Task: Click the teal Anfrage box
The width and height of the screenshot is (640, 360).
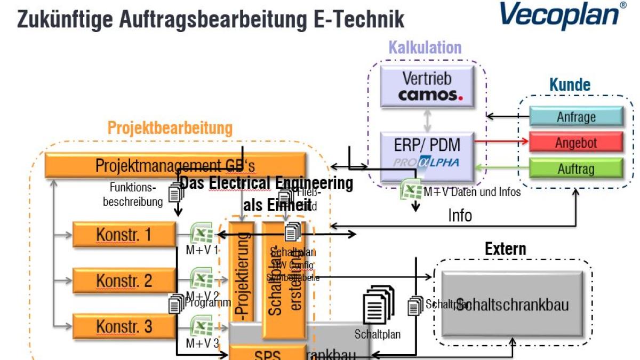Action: (576, 116)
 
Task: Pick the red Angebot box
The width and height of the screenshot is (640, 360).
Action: (576, 143)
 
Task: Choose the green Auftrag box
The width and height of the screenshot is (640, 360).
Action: (576, 169)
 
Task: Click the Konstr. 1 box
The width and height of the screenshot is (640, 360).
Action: (124, 234)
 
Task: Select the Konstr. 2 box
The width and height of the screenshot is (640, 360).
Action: (124, 280)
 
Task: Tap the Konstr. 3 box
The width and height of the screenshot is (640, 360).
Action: (124, 326)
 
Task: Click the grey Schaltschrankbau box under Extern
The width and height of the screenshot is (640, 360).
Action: (513, 305)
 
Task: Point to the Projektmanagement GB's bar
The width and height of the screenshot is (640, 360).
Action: (175, 165)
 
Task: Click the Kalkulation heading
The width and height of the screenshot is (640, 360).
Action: (425, 48)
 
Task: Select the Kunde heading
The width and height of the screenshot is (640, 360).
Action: (570, 85)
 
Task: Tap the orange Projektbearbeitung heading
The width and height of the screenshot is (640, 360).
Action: (170, 128)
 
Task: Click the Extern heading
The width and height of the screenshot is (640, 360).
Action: (505, 249)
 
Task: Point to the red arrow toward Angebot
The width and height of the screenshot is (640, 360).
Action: (501, 142)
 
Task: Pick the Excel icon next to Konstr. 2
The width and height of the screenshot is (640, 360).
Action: (201, 279)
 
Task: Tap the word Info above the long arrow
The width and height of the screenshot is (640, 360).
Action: (460, 215)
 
